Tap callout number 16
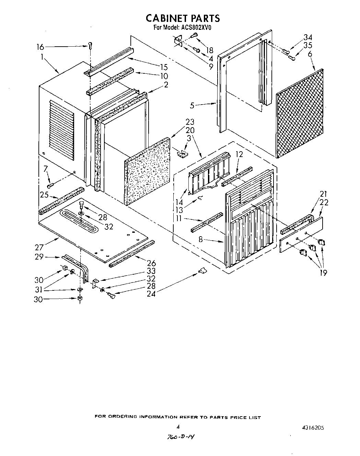(x=41, y=47)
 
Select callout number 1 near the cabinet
(x=42, y=58)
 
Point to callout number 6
(x=310, y=53)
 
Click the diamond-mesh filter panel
(x=300, y=113)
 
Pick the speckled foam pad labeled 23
(x=148, y=171)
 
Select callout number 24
(x=151, y=293)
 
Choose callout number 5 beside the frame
(x=192, y=106)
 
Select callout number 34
(x=308, y=38)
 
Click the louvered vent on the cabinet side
(x=62, y=130)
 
